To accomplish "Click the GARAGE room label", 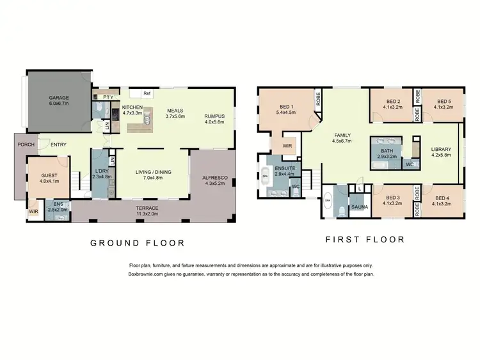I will click(59, 98).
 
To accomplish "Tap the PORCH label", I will click(26, 145).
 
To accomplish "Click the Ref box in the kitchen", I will click(147, 93).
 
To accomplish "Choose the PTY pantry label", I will click(108, 97).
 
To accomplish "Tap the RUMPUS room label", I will click(214, 116).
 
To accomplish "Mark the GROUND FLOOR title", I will click(137, 243).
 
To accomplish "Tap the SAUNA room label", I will click(358, 208).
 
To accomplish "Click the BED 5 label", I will click(444, 101).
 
